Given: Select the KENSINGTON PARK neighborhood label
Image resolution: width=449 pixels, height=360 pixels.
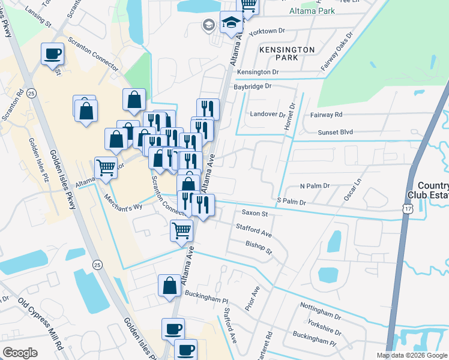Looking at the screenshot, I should (287, 53).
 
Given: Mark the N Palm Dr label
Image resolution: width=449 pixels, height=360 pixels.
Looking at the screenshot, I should (315, 186).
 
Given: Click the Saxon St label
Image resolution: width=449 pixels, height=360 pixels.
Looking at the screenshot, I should (254, 212).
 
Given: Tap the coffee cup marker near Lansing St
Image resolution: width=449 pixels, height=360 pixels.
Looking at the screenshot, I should (52, 54).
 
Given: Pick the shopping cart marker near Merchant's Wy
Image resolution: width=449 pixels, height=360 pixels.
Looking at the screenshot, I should (106, 167).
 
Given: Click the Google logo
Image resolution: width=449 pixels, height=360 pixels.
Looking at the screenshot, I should (20, 353).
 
